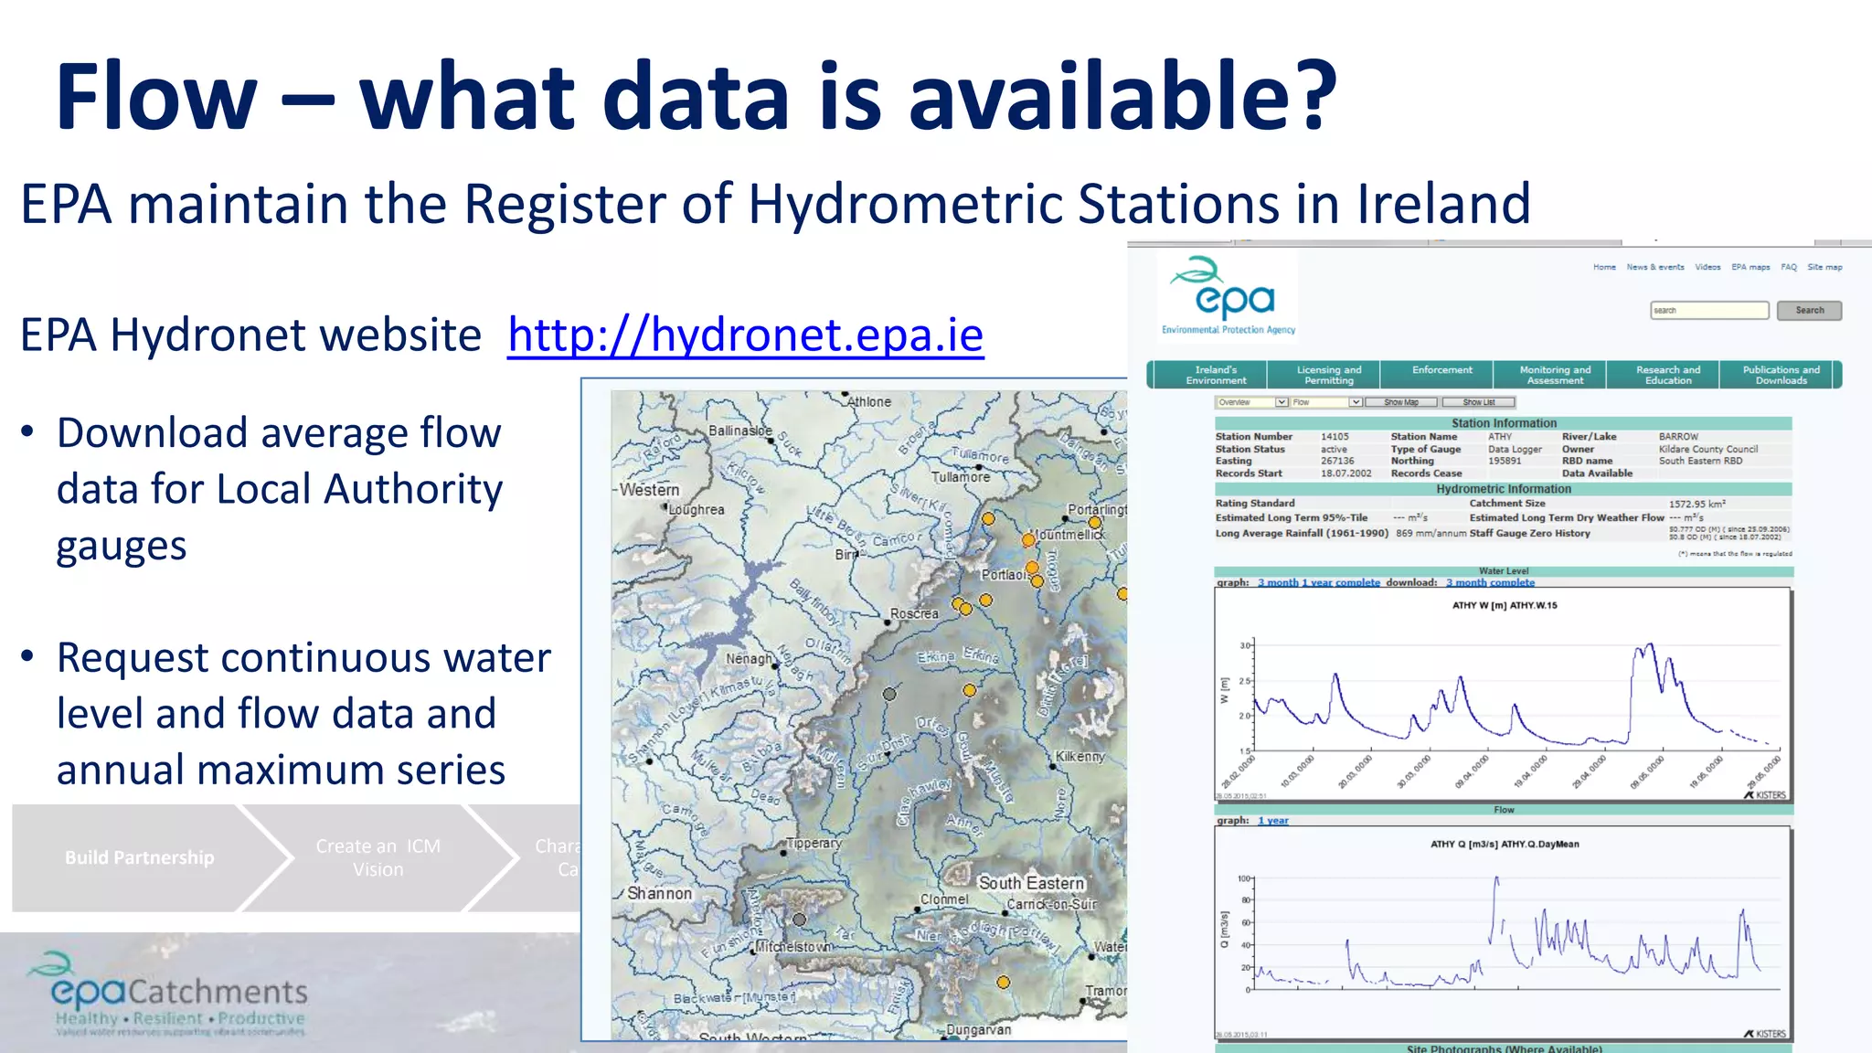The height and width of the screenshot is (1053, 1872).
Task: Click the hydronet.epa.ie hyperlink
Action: click(745, 335)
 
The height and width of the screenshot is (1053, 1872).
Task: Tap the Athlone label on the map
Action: click(868, 402)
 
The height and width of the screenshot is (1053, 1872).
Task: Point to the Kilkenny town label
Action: click(1080, 757)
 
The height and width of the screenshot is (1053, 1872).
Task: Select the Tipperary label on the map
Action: click(814, 844)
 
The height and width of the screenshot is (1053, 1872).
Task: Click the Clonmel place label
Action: click(944, 899)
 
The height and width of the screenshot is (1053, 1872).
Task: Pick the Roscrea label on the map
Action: click(914, 614)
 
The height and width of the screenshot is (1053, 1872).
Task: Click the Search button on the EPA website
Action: click(1808, 311)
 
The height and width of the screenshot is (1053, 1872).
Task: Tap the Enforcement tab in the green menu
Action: click(1441, 370)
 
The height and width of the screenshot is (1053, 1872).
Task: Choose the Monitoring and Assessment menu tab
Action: click(1555, 375)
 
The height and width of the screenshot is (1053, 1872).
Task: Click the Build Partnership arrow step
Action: click(139, 857)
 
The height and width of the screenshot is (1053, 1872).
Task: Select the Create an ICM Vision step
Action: click(378, 857)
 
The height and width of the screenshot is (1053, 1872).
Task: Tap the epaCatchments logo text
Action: click(179, 992)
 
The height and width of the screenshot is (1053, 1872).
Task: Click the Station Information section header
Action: click(1504, 423)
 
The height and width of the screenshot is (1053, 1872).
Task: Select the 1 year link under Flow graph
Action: click(1272, 821)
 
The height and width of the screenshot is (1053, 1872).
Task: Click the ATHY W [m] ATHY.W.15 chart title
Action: click(1504, 605)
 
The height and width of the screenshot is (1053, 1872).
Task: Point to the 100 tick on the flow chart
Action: click(1243, 878)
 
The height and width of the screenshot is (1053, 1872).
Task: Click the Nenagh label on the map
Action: click(749, 659)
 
